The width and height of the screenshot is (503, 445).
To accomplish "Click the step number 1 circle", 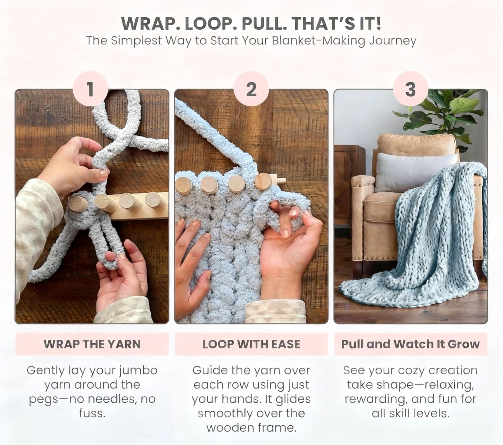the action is tap(90, 89).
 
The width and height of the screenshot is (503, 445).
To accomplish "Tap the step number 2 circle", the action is tap(251, 89).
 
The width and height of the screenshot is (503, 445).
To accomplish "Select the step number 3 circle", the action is tap(410, 89).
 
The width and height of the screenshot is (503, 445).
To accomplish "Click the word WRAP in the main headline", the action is tap(146, 24).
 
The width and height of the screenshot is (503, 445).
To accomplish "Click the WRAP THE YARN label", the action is tap(92, 344).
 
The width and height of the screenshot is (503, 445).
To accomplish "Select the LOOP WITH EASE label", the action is tap(251, 344).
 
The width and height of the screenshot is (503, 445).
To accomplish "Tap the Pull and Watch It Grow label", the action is tap(410, 344).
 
